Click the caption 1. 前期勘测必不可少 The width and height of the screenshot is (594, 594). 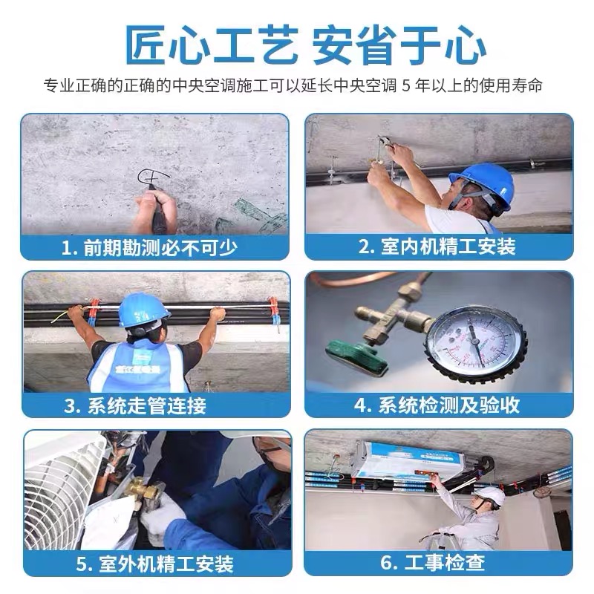click(x=154, y=247)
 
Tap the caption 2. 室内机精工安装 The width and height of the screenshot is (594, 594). click(x=437, y=247)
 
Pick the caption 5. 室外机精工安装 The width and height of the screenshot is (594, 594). click(x=154, y=563)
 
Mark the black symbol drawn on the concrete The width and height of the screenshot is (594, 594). click(x=153, y=179)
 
